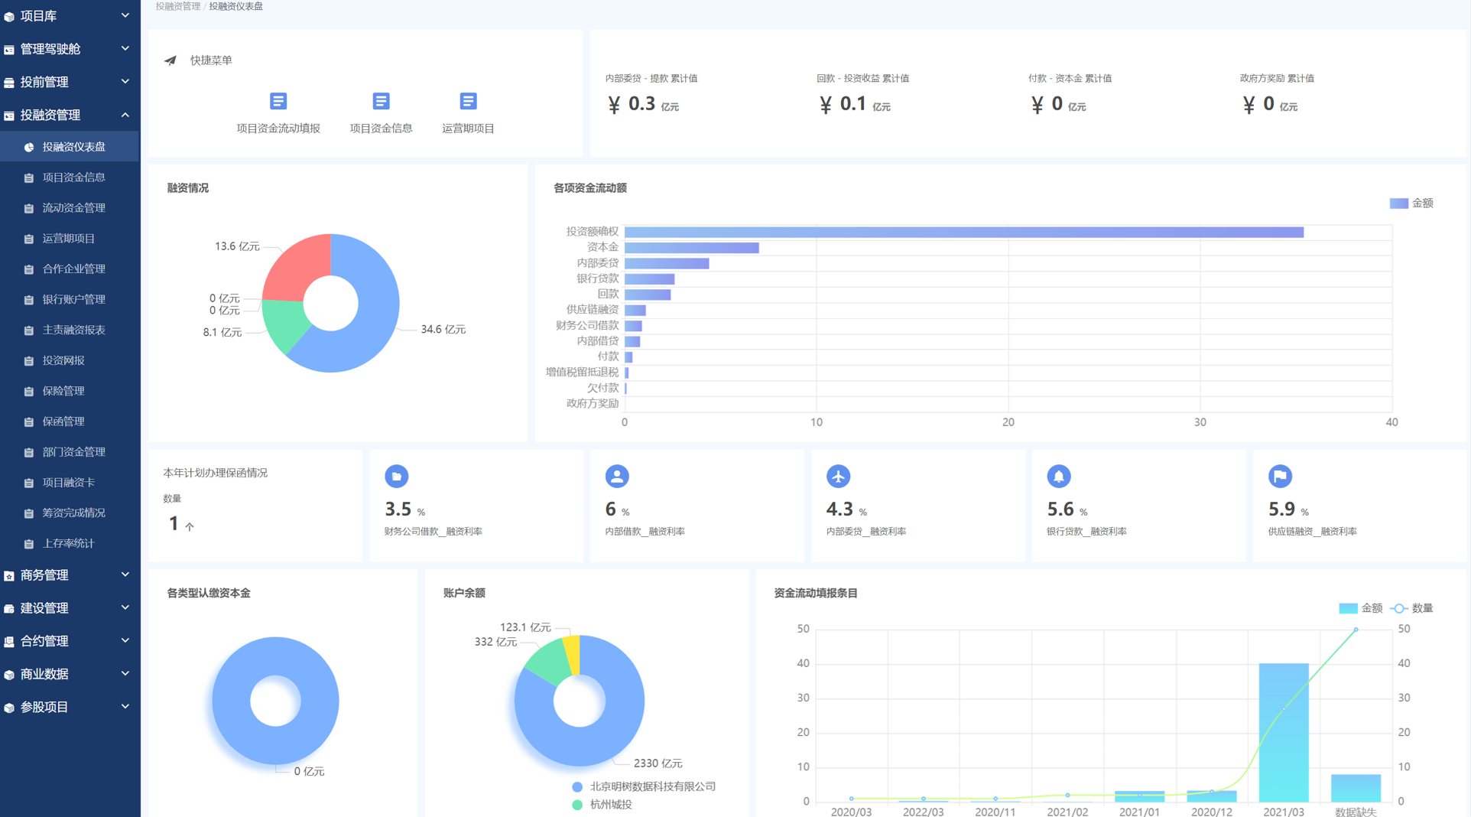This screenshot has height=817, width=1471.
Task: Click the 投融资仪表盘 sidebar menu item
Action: click(73, 147)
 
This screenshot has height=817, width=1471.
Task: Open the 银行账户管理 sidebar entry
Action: click(73, 299)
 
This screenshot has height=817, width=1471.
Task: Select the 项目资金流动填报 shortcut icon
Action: click(278, 101)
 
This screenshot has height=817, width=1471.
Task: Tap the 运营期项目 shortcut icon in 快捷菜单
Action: click(468, 101)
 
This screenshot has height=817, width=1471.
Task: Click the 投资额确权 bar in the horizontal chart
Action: click(964, 232)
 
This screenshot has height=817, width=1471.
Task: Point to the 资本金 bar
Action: click(692, 248)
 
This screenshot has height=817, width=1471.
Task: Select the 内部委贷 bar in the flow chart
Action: click(667, 263)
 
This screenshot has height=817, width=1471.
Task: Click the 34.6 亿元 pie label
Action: click(443, 329)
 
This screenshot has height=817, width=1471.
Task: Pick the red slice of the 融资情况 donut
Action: click(294, 265)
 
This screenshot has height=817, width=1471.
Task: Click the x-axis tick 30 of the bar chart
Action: click(1200, 422)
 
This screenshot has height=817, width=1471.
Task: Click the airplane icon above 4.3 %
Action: click(838, 476)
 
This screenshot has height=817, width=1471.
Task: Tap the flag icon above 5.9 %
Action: click(1280, 476)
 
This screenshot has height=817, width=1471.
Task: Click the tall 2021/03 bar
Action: click(1284, 732)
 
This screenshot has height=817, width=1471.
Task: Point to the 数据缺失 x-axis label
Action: click(1356, 812)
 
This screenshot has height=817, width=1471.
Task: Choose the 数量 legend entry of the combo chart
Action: click(1411, 608)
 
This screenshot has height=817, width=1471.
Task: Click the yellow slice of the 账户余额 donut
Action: click(572, 654)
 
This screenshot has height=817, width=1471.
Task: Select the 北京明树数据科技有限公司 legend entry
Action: click(644, 786)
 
